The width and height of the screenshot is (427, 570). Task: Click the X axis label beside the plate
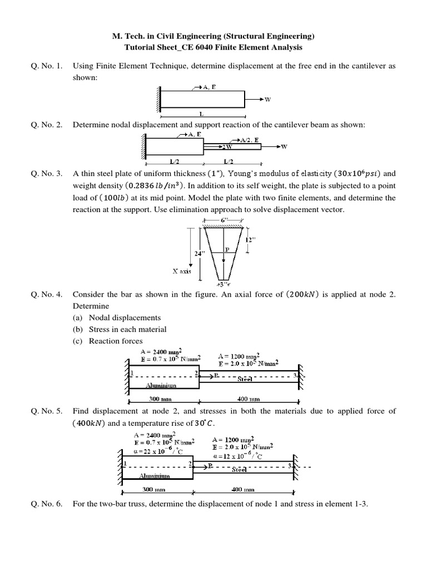click(181, 272)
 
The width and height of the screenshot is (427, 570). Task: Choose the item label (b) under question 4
click(78, 329)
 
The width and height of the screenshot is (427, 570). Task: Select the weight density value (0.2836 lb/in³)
click(152, 185)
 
